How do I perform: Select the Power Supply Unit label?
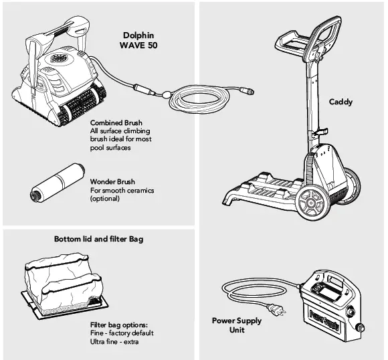point(237,325)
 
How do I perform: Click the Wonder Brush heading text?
point(112,182)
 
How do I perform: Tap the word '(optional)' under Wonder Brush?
point(104,199)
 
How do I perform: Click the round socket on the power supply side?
point(361,329)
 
